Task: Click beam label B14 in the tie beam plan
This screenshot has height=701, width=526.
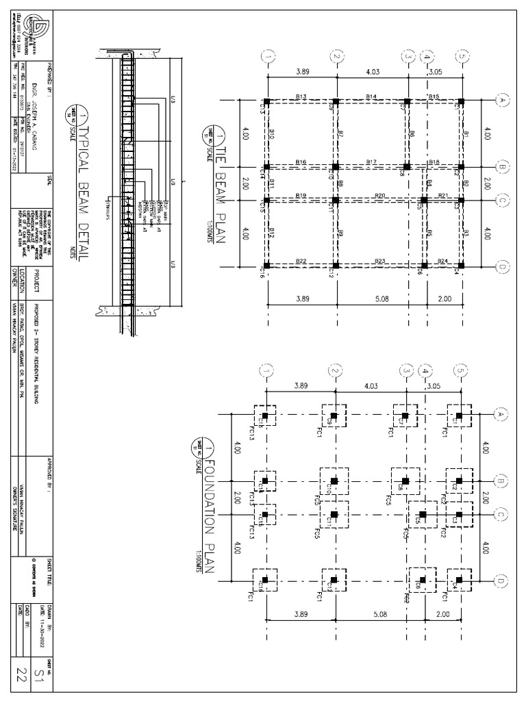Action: (x=371, y=97)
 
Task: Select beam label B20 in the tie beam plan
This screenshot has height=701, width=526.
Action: (x=380, y=196)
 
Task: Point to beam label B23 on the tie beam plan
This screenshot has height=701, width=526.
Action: (x=380, y=261)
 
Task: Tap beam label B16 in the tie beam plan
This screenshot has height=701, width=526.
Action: (x=301, y=162)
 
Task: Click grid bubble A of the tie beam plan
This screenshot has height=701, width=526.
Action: (x=501, y=101)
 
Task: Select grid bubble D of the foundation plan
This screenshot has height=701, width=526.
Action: (x=501, y=580)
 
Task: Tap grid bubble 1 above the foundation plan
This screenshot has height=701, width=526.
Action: (x=267, y=370)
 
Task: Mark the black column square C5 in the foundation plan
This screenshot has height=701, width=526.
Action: (x=423, y=514)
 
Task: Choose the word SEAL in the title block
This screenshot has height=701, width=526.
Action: (x=49, y=180)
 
